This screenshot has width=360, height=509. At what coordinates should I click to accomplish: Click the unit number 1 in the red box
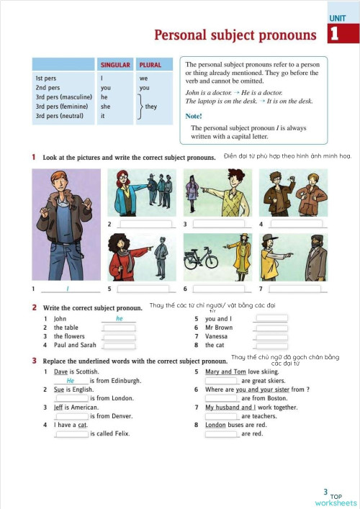333,34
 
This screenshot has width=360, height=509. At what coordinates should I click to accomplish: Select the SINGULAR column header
115,65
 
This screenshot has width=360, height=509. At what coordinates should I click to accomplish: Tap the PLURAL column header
150,65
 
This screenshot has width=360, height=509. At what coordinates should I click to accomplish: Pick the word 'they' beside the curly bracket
151,106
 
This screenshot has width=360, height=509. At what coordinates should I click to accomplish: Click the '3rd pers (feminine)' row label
61,106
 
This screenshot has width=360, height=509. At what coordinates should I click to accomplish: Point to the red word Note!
194,116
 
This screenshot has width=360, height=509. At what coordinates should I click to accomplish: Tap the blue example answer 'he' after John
120,318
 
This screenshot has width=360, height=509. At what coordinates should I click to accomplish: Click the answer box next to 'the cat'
272,345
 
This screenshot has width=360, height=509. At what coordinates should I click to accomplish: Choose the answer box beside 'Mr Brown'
272,328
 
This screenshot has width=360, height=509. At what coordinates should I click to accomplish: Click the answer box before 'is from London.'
72,398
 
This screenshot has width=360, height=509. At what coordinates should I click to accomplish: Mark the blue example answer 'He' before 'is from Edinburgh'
71,380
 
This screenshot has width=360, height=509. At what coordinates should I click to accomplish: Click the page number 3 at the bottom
326,492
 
